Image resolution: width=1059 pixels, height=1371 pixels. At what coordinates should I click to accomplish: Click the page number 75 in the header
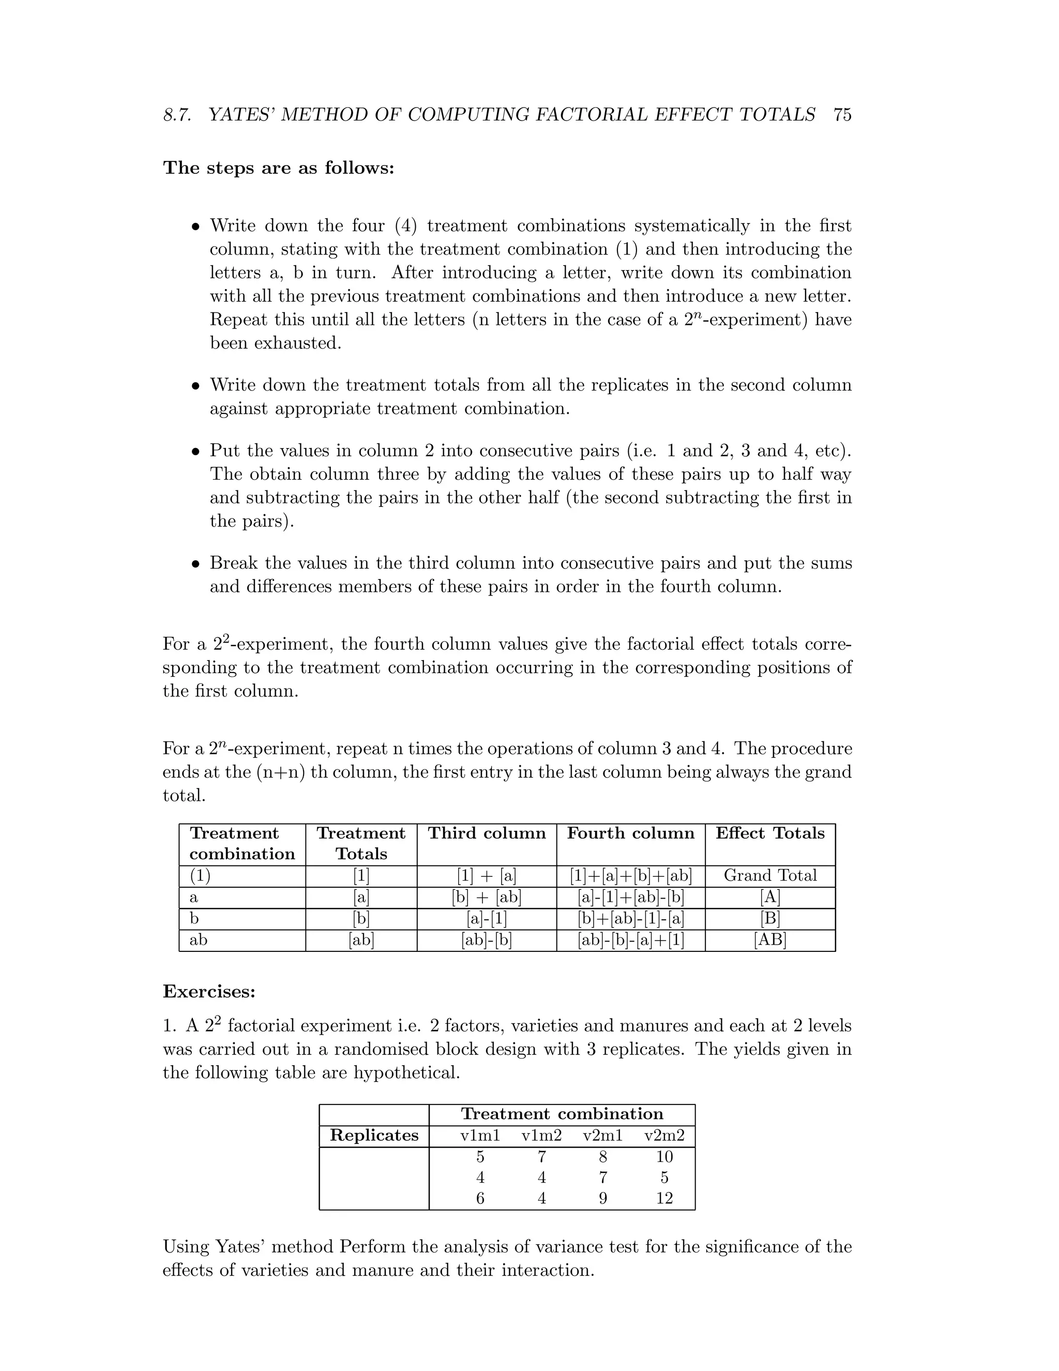pyautogui.click(x=842, y=115)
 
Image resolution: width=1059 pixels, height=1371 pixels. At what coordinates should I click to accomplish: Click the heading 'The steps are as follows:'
pyautogui.click(x=279, y=168)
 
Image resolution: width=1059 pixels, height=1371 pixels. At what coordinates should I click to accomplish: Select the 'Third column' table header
pyautogui.click(x=486, y=833)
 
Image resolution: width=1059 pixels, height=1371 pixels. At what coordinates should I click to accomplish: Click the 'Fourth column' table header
pyautogui.click(x=630, y=833)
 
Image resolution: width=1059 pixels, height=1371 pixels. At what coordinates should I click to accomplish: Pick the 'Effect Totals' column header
pyautogui.click(x=770, y=833)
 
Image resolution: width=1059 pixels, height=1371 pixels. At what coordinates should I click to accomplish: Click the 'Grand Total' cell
pyautogui.click(x=770, y=876)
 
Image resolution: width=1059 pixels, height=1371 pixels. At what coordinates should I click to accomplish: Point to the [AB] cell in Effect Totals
pyautogui.click(x=770, y=940)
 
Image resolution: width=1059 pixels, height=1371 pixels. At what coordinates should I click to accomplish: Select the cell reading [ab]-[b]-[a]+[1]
pyautogui.click(x=630, y=940)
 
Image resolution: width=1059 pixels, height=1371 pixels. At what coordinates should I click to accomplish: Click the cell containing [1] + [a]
pyautogui.click(x=486, y=876)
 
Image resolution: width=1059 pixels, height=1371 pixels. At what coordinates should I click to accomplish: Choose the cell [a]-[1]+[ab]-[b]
pyautogui.click(x=630, y=897)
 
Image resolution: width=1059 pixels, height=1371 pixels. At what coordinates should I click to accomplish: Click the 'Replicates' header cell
pyautogui.click(x=374, y=1136)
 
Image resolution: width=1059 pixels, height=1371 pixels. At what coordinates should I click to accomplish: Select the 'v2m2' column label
pyautogui.click(x=664, y=1136)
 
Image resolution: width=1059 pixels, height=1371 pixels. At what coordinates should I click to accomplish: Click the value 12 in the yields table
pyautogui.click(x=664, y=1198)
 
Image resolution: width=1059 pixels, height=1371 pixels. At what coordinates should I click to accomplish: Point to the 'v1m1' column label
pyautogui.click(x=480, y=1136)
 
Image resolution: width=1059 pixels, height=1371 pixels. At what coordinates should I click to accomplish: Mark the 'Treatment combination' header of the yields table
pyautogui.click(x=562, y=1114)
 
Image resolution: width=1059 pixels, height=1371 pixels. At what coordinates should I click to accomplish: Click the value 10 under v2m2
pyautogui.click(x=664, y=1157)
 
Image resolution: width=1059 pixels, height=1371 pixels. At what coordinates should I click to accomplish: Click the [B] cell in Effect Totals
pyautogui.click(x=770, y=918)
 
